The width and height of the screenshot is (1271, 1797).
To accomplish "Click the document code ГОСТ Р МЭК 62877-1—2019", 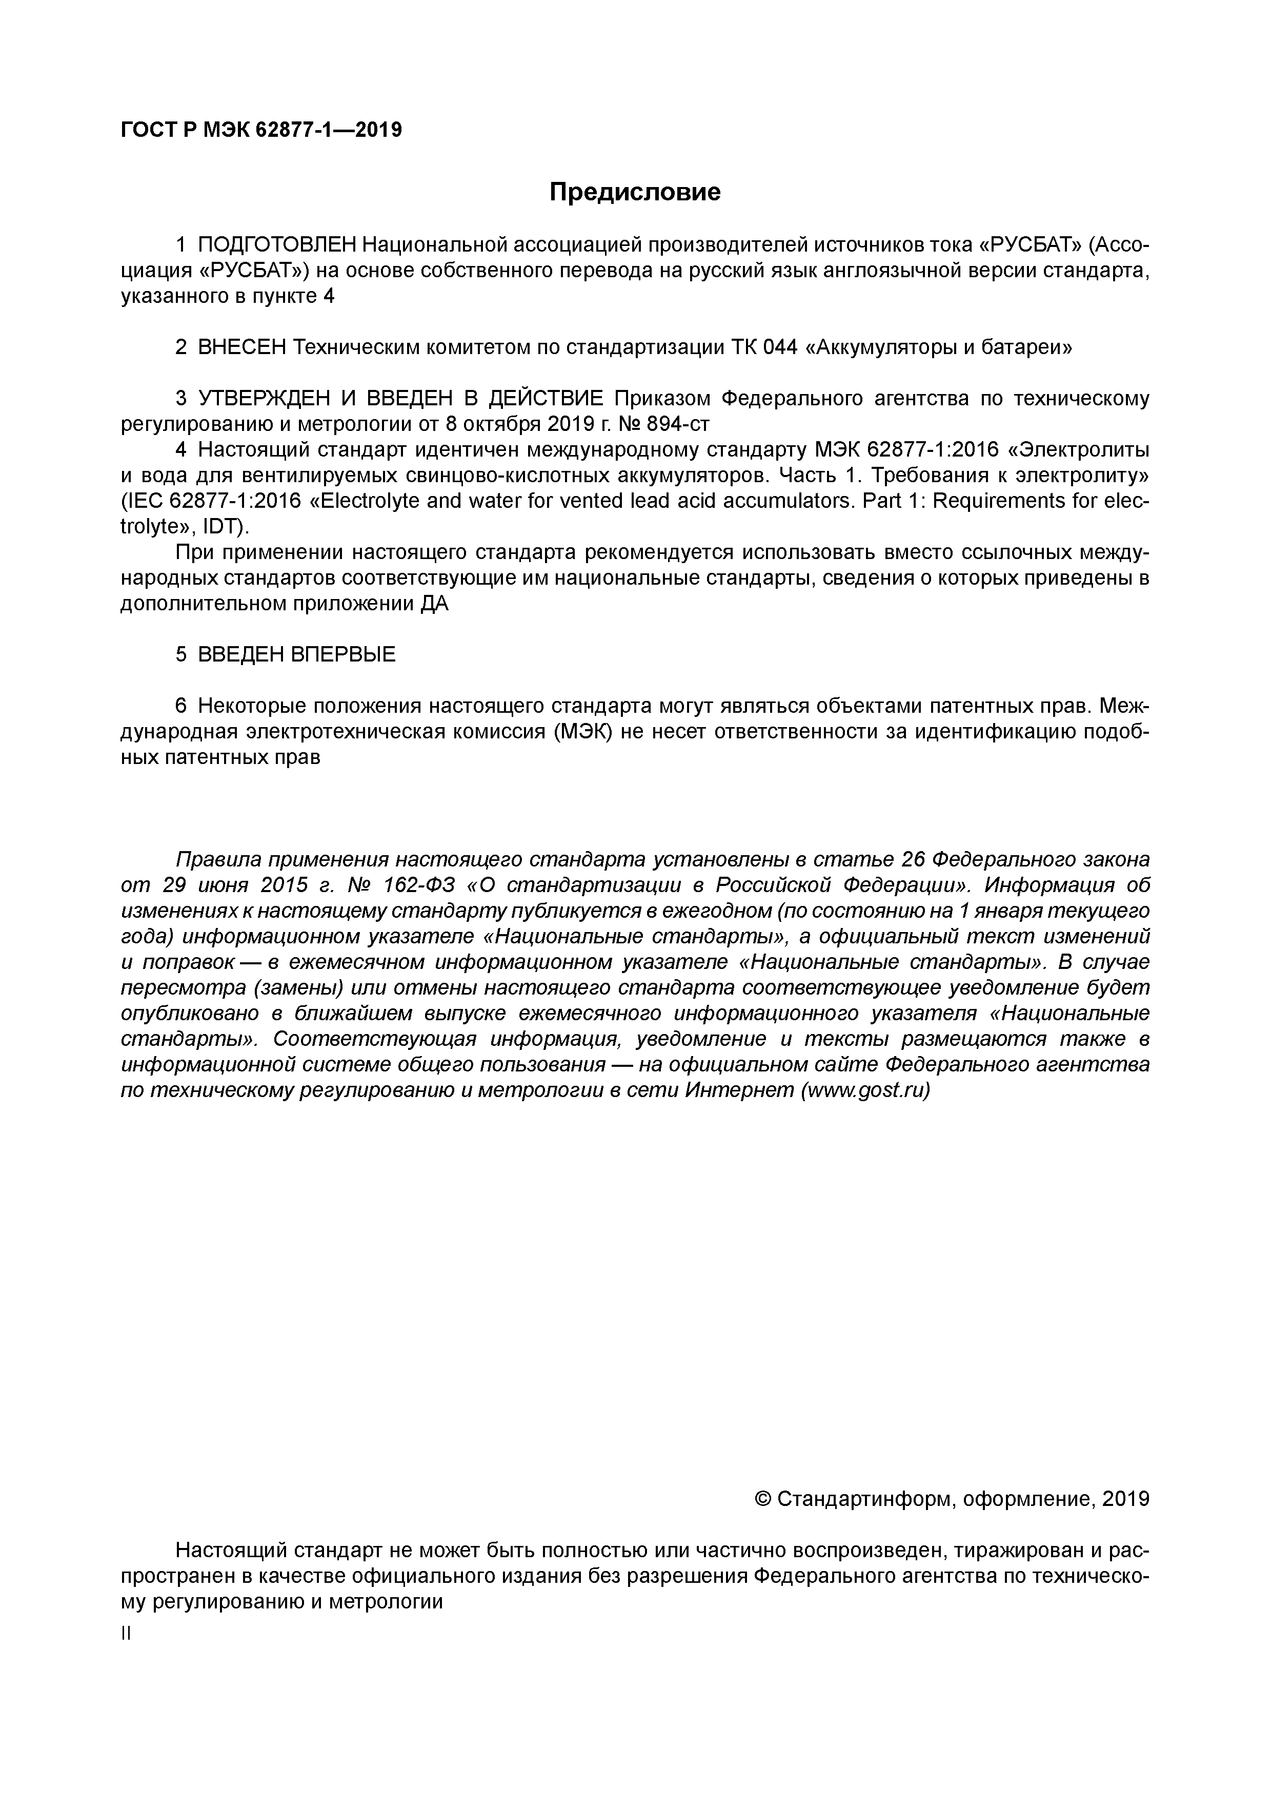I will pos(261,130).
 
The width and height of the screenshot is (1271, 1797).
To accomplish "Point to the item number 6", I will pos(181,706).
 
